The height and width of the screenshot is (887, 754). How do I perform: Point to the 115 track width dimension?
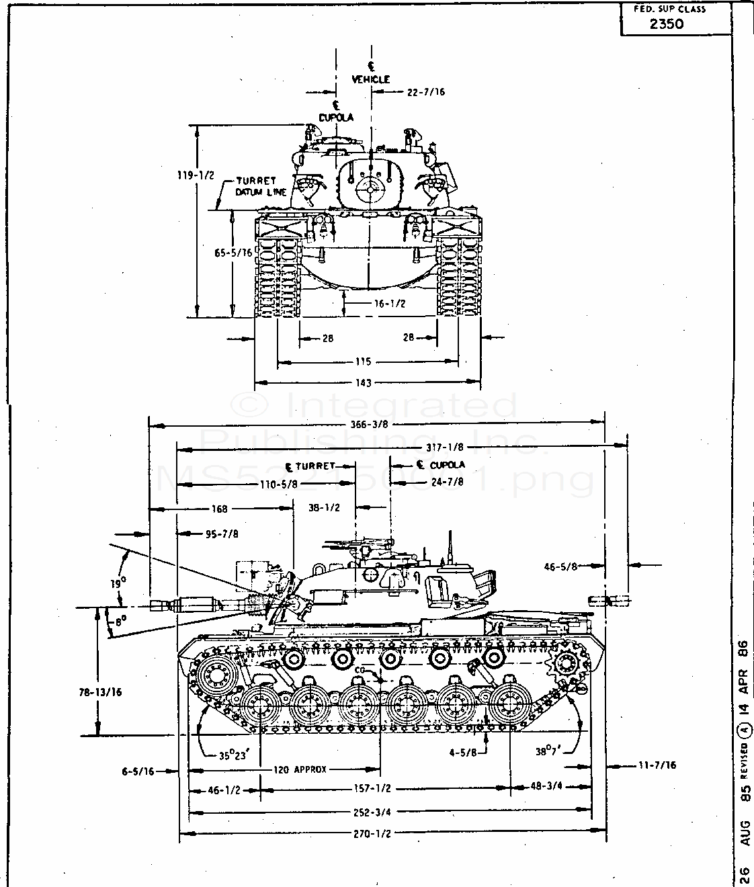(364, 362)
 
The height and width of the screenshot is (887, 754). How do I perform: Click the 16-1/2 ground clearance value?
(390, 304)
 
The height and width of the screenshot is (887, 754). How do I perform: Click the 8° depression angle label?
(120, 622)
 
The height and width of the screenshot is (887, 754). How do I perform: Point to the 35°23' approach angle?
(233, 754)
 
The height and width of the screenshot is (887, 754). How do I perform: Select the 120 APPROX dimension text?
(300, 769)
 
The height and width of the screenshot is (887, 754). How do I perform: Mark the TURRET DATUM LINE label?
(260, 187)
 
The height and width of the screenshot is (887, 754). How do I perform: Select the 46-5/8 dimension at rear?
(562, 566)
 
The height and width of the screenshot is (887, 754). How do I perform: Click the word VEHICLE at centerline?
(370, 79)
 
